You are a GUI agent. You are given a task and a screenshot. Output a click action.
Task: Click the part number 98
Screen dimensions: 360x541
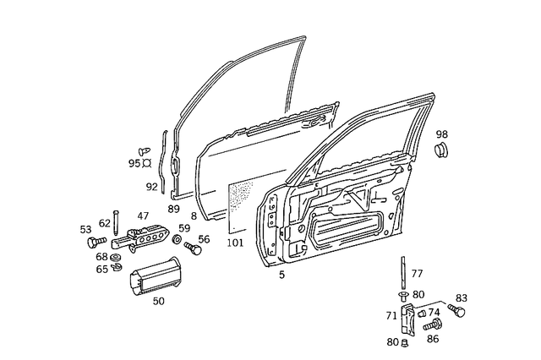point(442,134)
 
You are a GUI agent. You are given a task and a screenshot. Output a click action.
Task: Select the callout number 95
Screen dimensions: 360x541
point(134,163)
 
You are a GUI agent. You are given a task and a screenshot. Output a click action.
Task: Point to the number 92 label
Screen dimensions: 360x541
point(151,187)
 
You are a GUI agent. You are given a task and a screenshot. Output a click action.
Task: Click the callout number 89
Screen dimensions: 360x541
point(173,208)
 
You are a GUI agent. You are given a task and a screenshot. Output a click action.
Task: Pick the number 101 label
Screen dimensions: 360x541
point(235,244)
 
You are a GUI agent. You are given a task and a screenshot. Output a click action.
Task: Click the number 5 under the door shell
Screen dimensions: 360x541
point(282,274)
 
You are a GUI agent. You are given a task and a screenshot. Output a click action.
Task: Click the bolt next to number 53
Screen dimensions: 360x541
point(93,243)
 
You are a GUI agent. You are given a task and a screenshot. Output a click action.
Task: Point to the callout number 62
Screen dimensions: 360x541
point(104,223)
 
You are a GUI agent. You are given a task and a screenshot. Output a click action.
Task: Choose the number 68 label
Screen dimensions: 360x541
point(101,256)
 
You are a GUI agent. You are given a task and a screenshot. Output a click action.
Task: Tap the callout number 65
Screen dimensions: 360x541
point(101,269)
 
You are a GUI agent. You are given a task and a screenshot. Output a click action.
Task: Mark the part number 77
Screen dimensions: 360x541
point(417,274)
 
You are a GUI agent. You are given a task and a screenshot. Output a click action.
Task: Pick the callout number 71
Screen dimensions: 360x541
point(391,315)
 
